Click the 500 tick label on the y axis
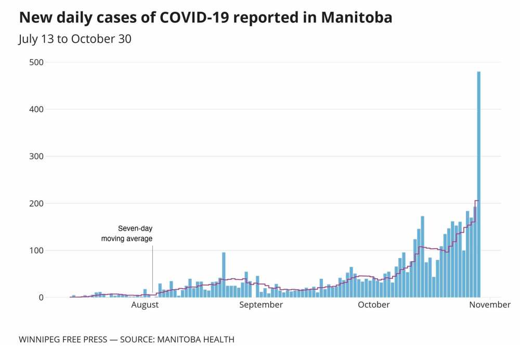point(36,62)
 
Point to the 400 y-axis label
point(36,109)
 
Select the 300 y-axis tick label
point(36,157)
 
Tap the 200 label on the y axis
point(36,203)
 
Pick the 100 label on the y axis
point(36,251)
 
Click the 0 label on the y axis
point(41,298)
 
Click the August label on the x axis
point(145,305)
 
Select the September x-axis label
point(261,305)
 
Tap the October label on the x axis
point(374,305)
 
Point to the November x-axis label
point(490,305)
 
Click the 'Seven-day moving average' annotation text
point(127,234)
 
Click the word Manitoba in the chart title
point(357,18)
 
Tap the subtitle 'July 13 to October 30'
point(75,39)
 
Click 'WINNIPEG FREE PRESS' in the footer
point(62,340)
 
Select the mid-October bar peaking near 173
point(423,257)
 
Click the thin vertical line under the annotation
point(152,271)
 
